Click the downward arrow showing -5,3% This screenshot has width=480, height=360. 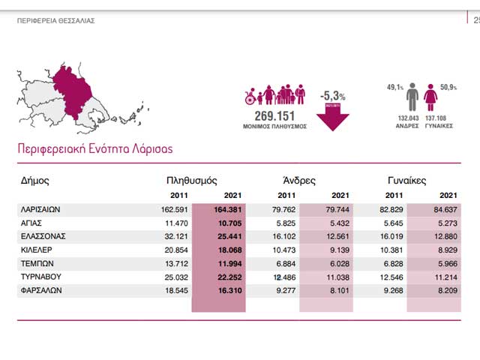332,118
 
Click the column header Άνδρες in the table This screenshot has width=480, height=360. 298,181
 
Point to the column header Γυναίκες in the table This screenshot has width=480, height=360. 406,181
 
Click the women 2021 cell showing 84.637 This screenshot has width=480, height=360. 439,210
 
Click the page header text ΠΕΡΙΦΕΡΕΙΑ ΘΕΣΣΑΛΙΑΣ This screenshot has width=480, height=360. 55,21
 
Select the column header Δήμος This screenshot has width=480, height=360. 36,181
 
